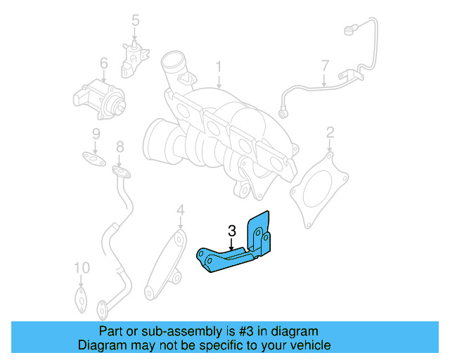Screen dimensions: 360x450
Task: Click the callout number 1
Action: point(219,67)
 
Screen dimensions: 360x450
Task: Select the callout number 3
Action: point(231,229)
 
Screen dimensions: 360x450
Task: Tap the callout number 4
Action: point(180,210)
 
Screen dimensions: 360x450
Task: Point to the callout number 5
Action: point(136,21)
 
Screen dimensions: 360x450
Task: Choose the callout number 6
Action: point(103,64)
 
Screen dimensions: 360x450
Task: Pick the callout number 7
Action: point(324,66)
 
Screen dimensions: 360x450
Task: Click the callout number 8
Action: point(120,146)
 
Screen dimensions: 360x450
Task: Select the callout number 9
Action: point(96,134)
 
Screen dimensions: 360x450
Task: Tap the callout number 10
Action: point(82,268)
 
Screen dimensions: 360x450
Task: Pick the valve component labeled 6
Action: point(98,96)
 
